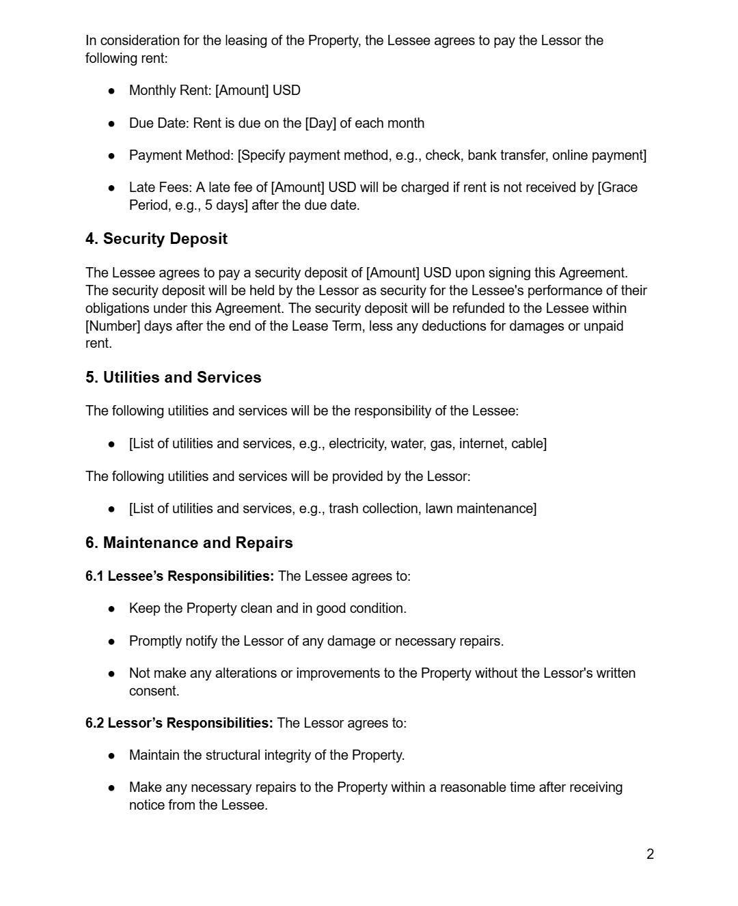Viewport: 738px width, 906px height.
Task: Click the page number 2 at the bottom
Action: tap(650, 854)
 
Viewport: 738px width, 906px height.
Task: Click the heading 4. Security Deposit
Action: tap(156, 239)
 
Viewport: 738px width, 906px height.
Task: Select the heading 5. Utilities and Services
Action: tap(173, 378)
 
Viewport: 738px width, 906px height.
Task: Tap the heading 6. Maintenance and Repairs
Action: tap(189, 543)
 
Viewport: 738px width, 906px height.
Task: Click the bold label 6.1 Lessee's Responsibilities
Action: tap(179, 576)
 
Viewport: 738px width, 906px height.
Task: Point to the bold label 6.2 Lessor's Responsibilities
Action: tap(178, 723)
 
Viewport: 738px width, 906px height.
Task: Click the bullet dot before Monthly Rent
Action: tap(111, 91)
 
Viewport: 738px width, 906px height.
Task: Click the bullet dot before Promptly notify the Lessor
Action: tap(111, 642)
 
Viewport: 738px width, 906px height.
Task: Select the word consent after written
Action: tap(154, 691)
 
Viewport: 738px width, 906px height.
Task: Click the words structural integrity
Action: tap(262, 756)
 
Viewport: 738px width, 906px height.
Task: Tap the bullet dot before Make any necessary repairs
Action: tap(111, 788)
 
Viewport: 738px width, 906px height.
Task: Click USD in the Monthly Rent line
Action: tap(286, 91)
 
